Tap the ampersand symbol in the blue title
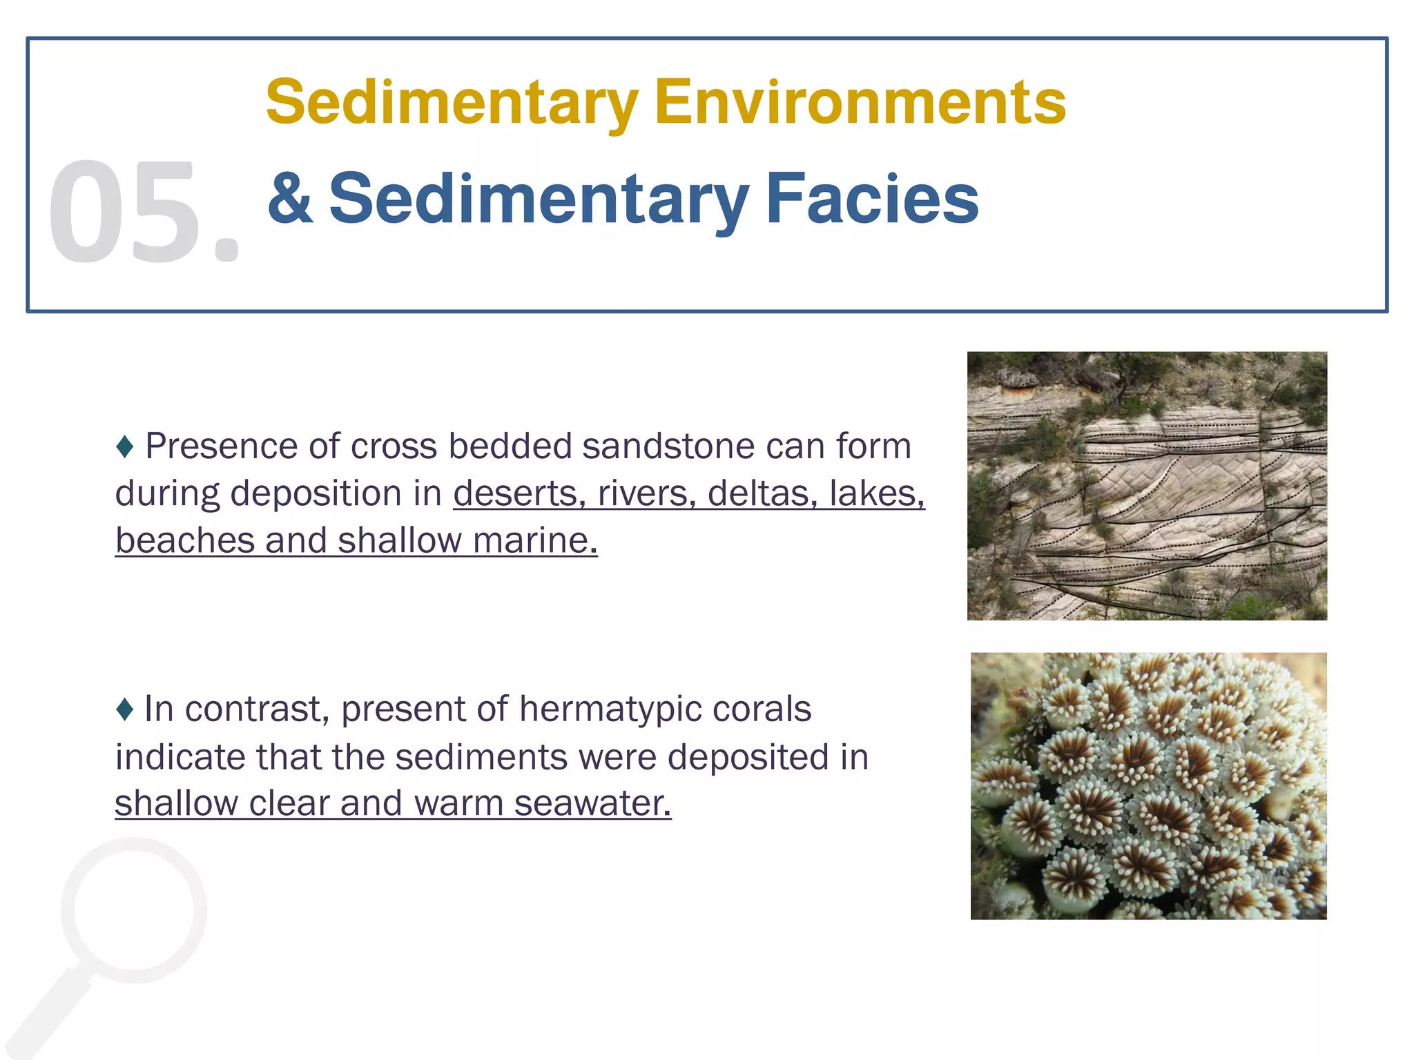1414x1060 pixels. point(291,199)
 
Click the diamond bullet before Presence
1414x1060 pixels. point(125,446)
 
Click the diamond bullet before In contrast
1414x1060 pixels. point(125,709)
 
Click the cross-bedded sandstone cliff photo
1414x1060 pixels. point(1147,486)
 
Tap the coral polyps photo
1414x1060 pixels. point(1148,785)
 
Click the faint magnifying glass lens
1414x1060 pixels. point(135,910)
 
